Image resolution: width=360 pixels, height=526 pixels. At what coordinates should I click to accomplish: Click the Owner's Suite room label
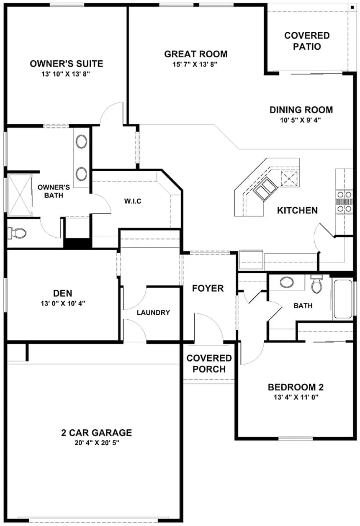point(66,64)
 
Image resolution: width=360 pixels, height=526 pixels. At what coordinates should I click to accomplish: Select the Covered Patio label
point(307,41)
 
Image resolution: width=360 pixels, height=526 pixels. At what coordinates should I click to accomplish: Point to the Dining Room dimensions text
point(301,120)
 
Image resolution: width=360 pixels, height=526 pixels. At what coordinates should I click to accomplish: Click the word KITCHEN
point(297,210)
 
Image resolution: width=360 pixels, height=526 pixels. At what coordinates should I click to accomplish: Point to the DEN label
point(63,293)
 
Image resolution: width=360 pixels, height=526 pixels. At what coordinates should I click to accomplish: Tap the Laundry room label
point(153,313)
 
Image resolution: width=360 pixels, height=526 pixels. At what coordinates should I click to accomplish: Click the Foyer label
point(208,288)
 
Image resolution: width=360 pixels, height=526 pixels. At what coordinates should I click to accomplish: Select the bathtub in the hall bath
point(342,298)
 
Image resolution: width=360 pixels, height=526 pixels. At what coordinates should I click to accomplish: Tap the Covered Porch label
point(209,364)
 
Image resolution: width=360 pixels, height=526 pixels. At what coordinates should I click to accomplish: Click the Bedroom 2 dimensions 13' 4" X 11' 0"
point(295,398)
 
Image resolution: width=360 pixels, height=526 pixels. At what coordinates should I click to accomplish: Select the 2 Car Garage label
point(96,433)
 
